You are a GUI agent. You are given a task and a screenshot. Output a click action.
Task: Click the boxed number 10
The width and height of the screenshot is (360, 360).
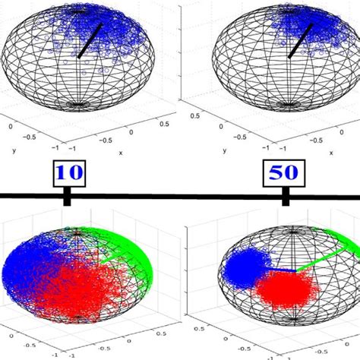pos(68,172)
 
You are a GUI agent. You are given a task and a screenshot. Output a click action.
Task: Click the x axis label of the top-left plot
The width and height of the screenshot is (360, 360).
pos(120,153)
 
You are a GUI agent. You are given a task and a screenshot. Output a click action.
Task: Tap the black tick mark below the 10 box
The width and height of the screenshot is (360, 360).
pos(68,199)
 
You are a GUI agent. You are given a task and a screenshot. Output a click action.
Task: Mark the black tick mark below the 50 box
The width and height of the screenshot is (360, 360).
pos(286,199)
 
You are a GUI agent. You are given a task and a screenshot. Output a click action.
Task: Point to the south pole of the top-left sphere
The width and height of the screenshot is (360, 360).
pos(79,105)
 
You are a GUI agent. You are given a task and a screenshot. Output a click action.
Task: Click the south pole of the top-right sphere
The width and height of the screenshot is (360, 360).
pos(289,105)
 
